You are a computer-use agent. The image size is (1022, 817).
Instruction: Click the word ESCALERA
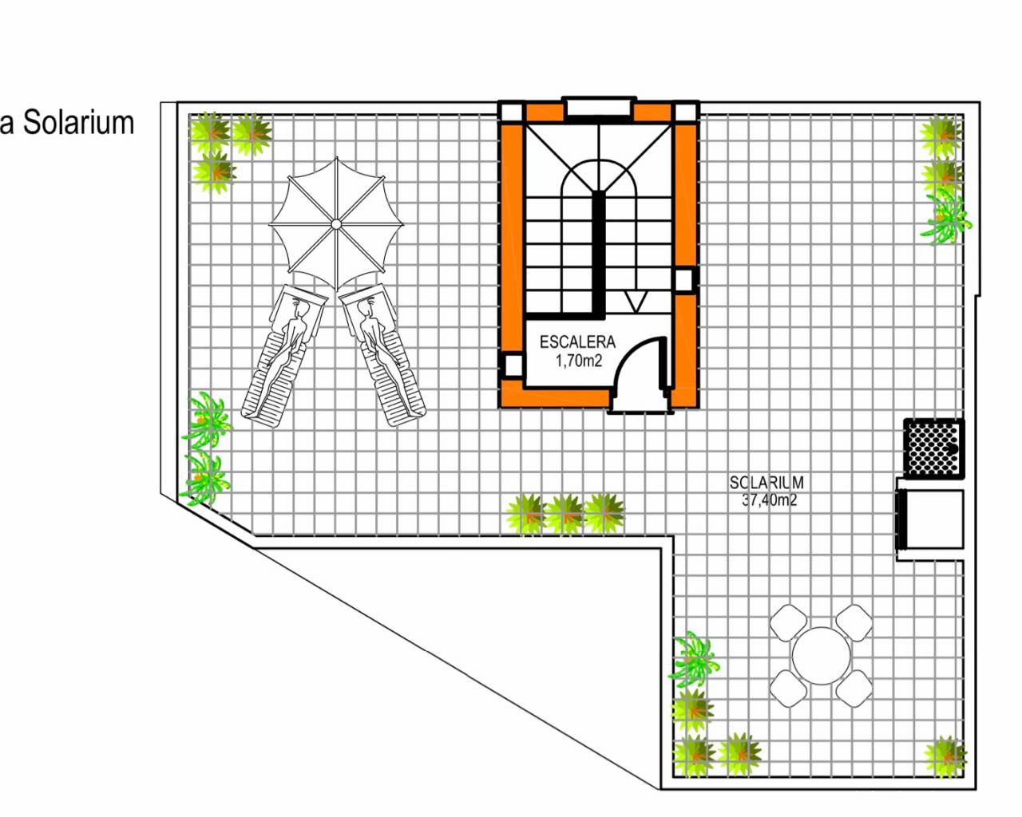pyautogui.click(x=577, y=341)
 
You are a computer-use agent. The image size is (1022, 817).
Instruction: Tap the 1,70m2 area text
pyautogui.click(x=578, y=361)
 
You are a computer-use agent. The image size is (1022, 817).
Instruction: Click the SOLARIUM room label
pyautogui.click(x=766, y=483)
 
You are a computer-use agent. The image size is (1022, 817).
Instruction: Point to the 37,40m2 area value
pyautogui.click(x=769, y=500)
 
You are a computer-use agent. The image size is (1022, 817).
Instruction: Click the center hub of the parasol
pyautogui.click(x=336, y=223)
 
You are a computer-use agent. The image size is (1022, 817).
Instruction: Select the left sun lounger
pyautogui.click(x=284, y=352)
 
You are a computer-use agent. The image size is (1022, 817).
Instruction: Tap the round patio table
pyautogui.click(x=821, y=656)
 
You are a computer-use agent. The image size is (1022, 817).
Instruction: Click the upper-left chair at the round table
pyautogui.click(x=788, y=622)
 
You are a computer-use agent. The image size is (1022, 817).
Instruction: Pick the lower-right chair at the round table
pyautogui.click(x=854, y=689)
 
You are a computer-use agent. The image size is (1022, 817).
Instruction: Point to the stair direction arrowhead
pyautogui.click(x=636, y=302)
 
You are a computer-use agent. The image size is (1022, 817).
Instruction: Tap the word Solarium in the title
pyautogui.click(x=79, y=123)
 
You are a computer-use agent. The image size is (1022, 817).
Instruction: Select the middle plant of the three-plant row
pyautogui.click(x=565, y=514)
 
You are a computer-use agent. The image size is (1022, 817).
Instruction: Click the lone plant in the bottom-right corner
pyautogui.click(x=945, y=758)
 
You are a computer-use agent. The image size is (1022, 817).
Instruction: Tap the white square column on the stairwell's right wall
pyautogui.click(x=684, y=279)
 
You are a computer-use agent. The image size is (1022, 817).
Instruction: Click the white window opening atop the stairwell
pyautogui.click(x=599, y=106)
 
